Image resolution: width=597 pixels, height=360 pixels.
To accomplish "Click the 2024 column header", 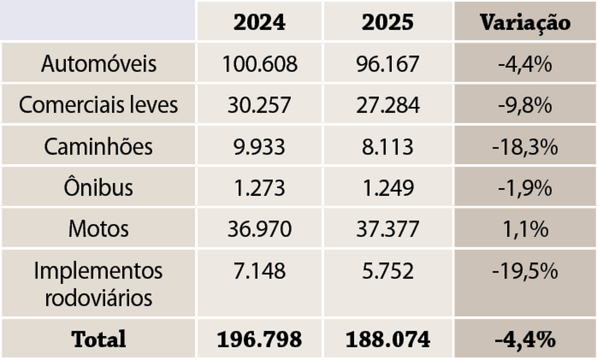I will point(259,22).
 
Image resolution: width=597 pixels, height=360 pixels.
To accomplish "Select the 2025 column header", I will point(388,22).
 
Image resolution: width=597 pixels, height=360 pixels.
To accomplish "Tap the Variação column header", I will point(525,22).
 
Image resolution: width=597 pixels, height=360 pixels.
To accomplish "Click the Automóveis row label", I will point(99,63).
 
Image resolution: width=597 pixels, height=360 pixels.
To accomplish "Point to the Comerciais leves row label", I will point(99,105).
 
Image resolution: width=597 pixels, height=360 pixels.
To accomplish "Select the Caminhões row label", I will point(99,146).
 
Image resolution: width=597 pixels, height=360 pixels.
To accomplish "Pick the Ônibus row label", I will point(99,188).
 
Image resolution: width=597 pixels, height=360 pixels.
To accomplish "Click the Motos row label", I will point(99,228).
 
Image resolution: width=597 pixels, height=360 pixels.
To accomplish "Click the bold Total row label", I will point(99,339).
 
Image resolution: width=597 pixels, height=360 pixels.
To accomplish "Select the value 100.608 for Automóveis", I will point(259,63).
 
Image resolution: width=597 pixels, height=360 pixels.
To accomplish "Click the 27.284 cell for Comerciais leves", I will point(388,105).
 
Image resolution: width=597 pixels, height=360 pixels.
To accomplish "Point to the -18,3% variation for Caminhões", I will point(525,146).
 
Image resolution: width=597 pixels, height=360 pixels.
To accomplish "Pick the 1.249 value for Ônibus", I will point(388,188).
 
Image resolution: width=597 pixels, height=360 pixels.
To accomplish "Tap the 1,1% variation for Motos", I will point(525,228).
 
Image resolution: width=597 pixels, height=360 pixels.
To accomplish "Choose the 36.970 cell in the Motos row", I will point(259,228).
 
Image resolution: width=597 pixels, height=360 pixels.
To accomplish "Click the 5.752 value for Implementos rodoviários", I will point(388,271).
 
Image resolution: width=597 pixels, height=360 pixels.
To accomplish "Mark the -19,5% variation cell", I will point(525,271).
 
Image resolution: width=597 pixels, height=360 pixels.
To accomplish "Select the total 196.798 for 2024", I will point(259,339).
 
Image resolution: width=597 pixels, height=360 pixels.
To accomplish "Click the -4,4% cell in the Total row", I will point(525,339).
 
